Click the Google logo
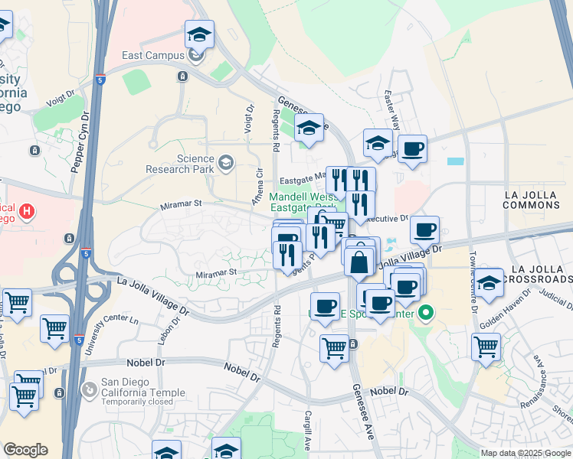coord(25,450)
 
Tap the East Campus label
coord(153,55)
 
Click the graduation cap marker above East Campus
coord(199,34)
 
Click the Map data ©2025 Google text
coord(525,453)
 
